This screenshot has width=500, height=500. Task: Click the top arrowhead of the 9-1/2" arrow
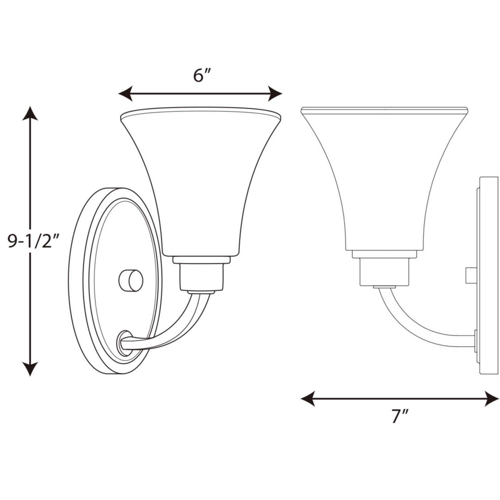coord(30,113)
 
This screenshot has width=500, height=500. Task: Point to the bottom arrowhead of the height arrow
coord(30,369)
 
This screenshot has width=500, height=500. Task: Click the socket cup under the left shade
coord(202,274)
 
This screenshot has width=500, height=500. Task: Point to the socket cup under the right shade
coord(384,271)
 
